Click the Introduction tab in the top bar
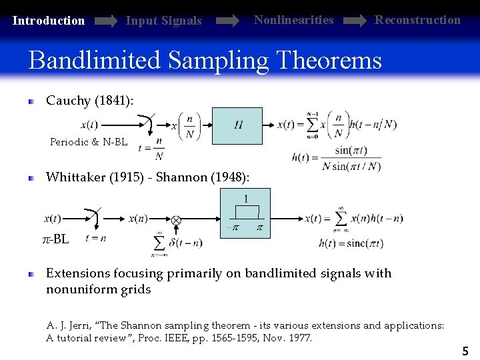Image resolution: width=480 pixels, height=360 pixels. pos(49,21)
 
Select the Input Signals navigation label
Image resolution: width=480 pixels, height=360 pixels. pos(163,21)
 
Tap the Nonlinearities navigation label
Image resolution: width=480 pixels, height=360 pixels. pos(293,20)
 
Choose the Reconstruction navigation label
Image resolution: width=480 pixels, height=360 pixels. pos(417,20)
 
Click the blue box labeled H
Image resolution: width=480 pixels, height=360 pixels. pos(237,125)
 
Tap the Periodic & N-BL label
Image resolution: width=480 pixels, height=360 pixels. pos(89,142)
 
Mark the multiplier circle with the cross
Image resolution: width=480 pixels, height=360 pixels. pos(176,219)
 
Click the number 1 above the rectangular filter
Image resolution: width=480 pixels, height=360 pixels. pos(246,199)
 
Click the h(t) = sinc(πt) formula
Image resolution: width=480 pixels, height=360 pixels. pos(351,243)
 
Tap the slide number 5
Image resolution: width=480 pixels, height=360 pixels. pos(465,351)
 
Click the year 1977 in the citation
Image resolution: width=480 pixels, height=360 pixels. pos(299,338)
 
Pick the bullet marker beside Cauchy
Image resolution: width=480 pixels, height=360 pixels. pos(31,101)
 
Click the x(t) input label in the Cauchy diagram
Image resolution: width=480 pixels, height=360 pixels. pos(89,125)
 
